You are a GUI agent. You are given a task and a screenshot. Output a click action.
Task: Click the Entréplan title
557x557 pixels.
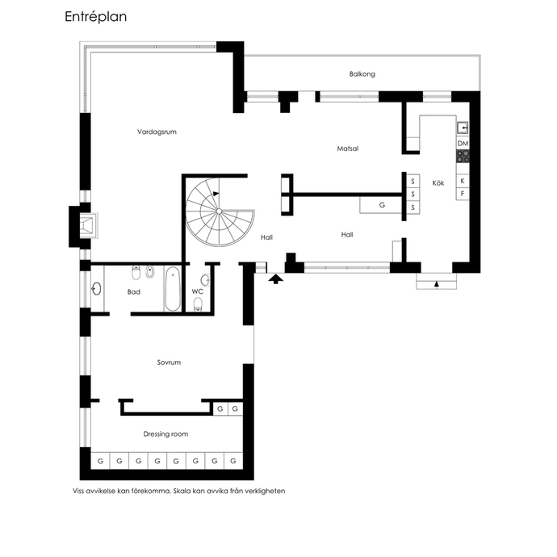[x=95, y=17]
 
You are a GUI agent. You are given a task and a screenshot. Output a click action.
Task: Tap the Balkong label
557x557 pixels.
[x=362, y=74]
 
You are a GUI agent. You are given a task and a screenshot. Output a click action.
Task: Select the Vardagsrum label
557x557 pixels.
[x=157, y=132]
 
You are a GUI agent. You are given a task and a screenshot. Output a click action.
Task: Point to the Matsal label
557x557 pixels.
[x=347, y=149]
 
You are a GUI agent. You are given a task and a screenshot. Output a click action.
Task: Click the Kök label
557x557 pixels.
[x=438, y=183]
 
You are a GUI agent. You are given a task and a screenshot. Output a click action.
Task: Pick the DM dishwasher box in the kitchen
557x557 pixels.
[x=463, y=143]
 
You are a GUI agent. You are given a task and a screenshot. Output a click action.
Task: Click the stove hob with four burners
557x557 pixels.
[x=463, y=157]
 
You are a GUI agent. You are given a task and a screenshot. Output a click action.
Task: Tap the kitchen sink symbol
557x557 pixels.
[x=463, y=128]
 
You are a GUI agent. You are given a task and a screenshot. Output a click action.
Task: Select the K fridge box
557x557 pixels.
[x=463, y=181]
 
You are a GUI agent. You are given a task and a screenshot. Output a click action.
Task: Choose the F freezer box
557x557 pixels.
[x=463, y=194]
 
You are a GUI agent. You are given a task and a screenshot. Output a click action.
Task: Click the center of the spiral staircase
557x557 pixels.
[x=220, y=211]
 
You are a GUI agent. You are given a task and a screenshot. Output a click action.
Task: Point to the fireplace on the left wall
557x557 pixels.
[x=87, y=225]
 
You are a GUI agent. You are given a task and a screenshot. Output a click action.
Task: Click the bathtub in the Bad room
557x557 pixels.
[x=173, y=289]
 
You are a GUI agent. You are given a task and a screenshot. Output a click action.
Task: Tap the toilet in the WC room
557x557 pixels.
[x=198, y=305]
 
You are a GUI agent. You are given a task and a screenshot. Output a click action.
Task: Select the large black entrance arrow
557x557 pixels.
[x=275, y=278]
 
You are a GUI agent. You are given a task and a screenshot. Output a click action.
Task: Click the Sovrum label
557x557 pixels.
[x=169, y=362]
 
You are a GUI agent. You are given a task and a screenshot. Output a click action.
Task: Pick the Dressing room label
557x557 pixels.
[x=165, y=433]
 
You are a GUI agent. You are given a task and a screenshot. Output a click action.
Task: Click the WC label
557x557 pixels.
[x=198, y=291]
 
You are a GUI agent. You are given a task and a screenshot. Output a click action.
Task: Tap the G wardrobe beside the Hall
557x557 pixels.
[x=381, y=205]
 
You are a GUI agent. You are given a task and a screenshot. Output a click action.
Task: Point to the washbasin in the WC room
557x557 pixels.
[x=205, y=280]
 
